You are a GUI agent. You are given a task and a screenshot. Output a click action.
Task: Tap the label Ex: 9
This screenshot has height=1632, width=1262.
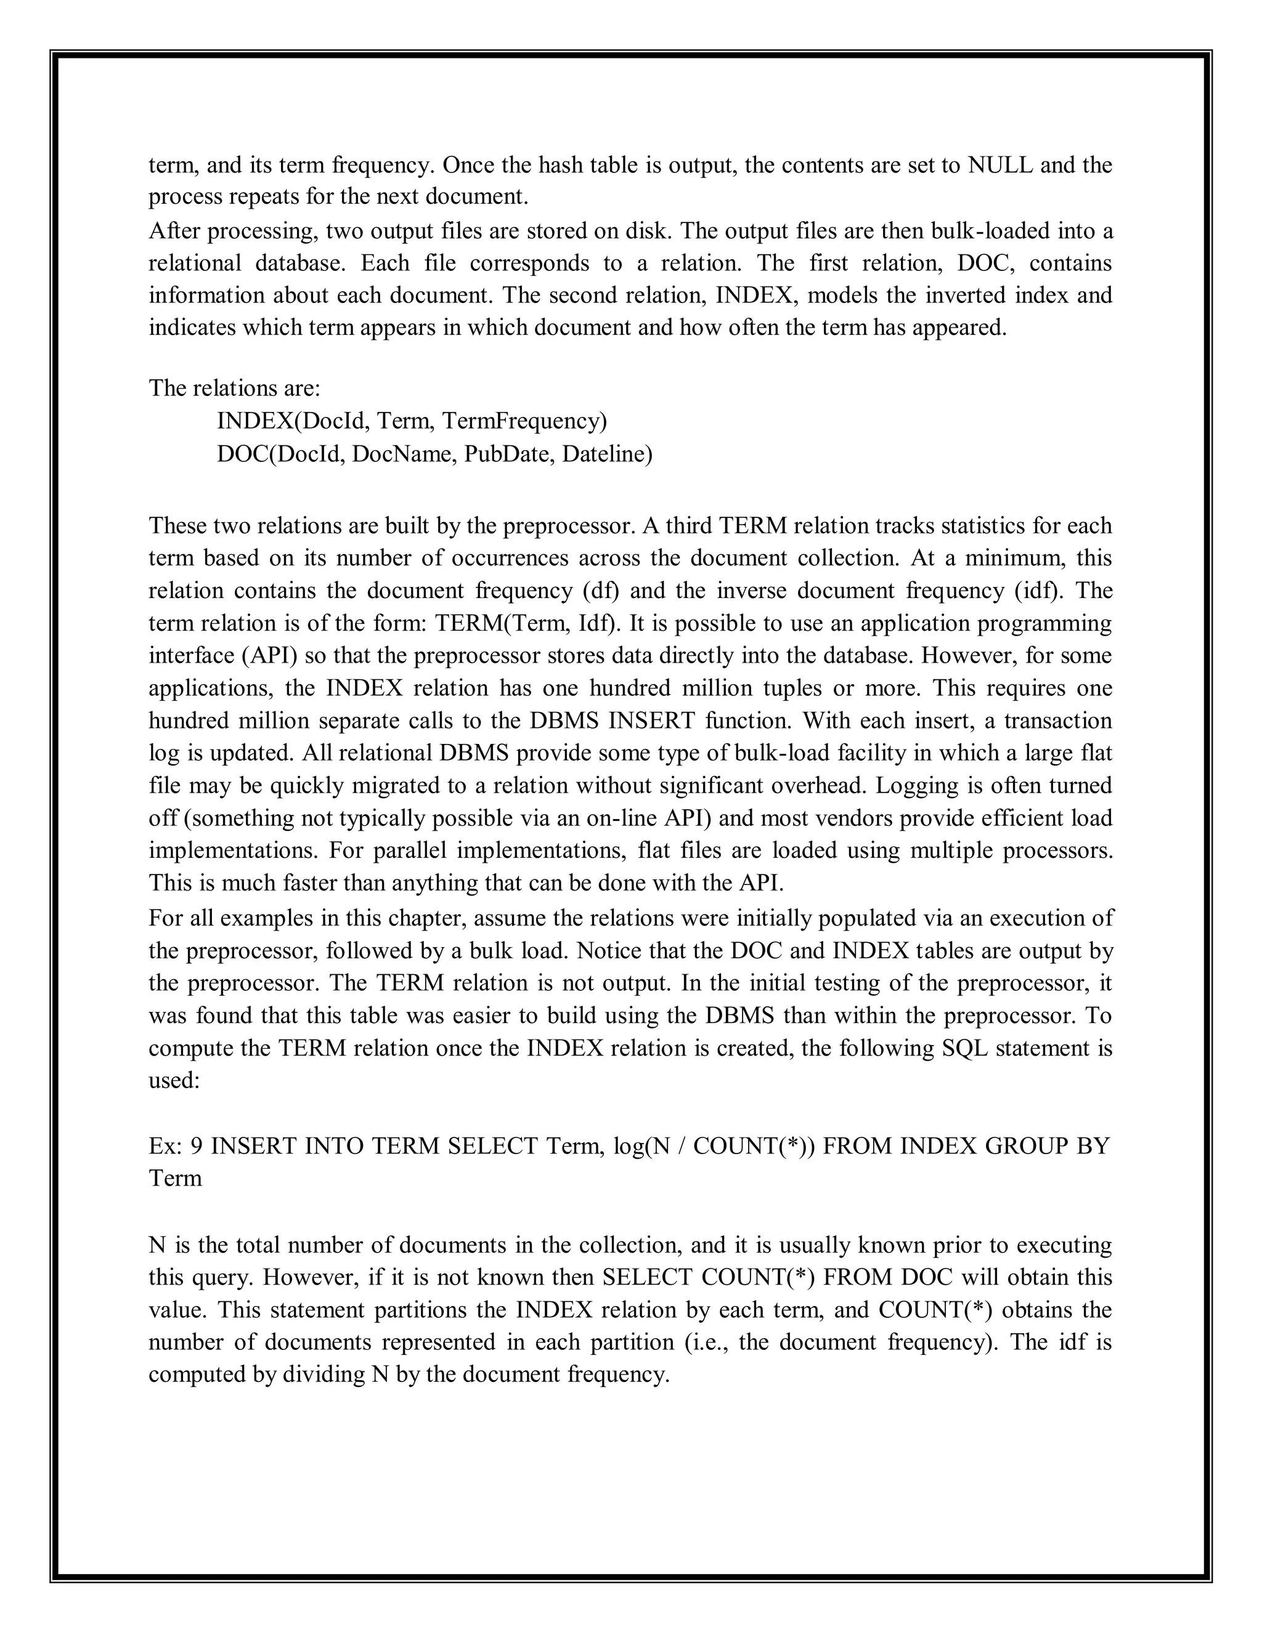coord(176,1146)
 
